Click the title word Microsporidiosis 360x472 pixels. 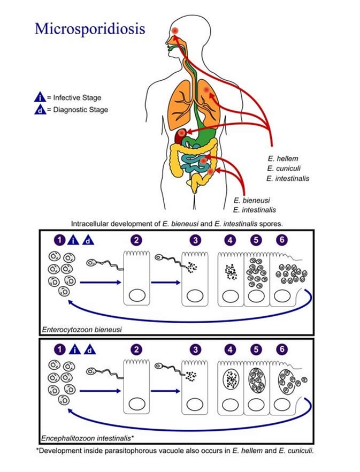pyautogui.click(x=89, y=28)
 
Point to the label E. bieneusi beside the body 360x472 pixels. pyautogui.click(x=251, y=200)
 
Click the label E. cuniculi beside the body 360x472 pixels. pyautogui.click(x=285, y=169)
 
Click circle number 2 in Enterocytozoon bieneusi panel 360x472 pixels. pyautogui.click(x=137, y=241)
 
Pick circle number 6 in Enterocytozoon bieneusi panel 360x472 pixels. pyautogui.click(x=281, y=241)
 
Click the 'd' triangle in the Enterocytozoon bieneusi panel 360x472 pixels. pyautogui.click(x=89, y=241)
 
